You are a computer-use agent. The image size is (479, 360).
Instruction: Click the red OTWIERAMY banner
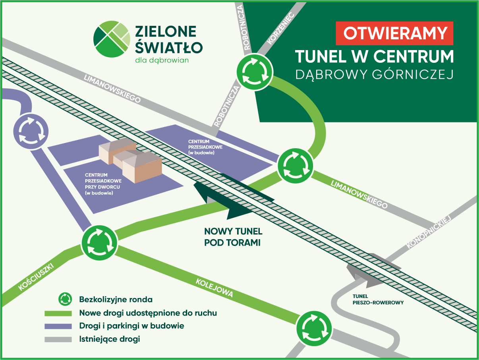point(394,33)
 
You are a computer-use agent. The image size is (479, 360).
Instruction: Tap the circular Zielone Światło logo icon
point(112,39)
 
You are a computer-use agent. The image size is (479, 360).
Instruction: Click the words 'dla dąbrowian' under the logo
point(162,61)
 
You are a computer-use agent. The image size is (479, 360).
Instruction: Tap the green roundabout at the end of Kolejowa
point(314,329)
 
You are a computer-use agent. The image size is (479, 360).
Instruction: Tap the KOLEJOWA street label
point(214,288)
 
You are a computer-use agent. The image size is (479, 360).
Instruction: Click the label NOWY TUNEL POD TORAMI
point(233,237)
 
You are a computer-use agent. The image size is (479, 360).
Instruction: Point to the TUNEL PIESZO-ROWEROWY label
point(378,299)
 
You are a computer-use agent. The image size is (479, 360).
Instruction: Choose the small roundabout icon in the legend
point(65,299)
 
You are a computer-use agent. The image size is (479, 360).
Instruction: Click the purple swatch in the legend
point(58,326)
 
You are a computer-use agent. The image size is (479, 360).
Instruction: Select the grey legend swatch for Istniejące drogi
point(58,339)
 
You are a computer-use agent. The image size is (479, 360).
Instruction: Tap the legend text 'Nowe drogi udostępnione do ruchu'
point(148,313)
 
